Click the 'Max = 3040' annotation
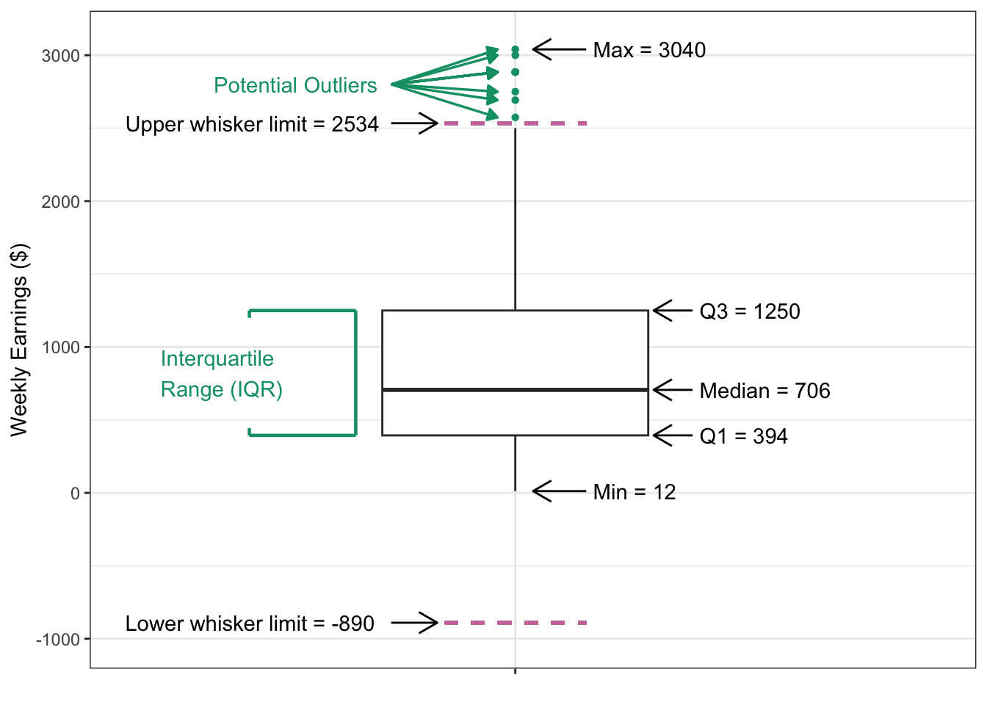pos(648,50)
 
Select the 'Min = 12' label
pos(634,492)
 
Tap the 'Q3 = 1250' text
pos(749,311)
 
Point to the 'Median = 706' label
pos(764,391)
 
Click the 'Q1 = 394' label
pos(743,436)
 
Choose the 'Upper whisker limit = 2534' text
pos(252,124)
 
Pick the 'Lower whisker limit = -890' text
pos(250,623)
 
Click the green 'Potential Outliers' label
pos(295,85)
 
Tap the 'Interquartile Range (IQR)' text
pos(221,374)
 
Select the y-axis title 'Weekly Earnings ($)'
pos(19,339)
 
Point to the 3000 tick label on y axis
pos(60,56)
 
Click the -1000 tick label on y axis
pos(58,640)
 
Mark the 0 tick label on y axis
pos(75,493)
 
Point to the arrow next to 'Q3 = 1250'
pos(672,311)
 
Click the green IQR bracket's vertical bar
pos(356,373)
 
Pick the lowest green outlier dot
pos(515,117)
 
